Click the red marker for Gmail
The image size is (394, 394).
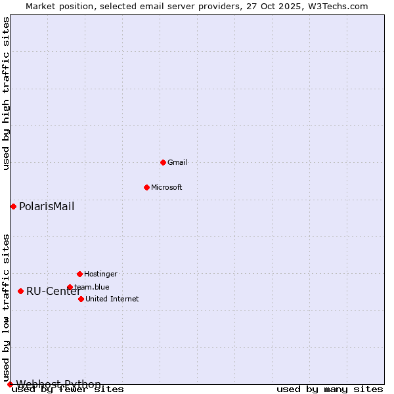pyautogui.click(x=163, y=162)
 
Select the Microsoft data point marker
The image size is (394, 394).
pyautogui.click(x=146, y=187)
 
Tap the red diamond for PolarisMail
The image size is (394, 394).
pyautogui.click(x=13, y=207)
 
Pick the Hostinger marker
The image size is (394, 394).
pyautogui.click(x=79, y=274)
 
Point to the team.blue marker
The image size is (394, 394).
pyautogui.click(x=70, y=287)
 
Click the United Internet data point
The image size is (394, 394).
pyautogui.click(x=81, y=299)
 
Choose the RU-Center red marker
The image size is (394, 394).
pyautogui.click(x=20, y=291)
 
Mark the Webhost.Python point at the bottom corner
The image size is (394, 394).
pyautogui.click(x=10, y=384)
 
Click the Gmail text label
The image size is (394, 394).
pyautogui.click(x=177, y=162)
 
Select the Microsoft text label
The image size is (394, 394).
pyautogui.click(x=167, y=187)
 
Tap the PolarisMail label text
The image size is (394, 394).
pyautogui.click(x=47, y=207)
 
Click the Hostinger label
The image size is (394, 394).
pyautogui.click(x=100, y=274)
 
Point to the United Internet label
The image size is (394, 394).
pyautogui.click(x=112, y=299)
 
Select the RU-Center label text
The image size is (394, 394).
pyautogui.click(x=53, y=292)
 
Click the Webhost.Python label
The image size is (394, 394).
pyautogui.click(x=58, y=384)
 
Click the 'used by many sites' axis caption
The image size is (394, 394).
pyautogui.click(x=330, y=389)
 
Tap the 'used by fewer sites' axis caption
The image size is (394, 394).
pyautogui.click(x=68, y=389)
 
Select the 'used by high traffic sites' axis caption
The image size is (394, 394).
pyautogui.click(x=6, y=93)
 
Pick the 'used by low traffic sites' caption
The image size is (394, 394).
pyautogui.click(x=6, y=307)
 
